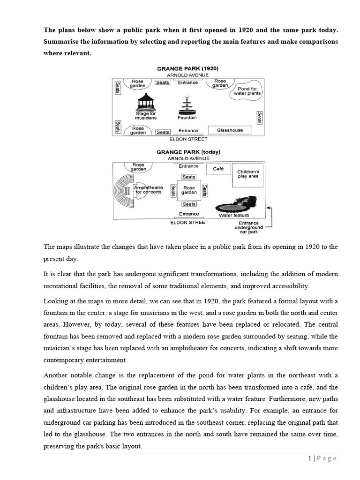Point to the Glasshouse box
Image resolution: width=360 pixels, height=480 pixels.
(x=230, y=130)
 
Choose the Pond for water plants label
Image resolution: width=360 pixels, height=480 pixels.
(x=247, y=90)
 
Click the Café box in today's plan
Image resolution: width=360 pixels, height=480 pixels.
(x=218, y=169)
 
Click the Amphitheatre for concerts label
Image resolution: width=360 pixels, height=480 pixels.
(x=149, y=189)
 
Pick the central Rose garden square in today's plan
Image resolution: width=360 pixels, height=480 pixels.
(x=189, y=190)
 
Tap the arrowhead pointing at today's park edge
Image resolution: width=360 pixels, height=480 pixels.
(x=269, y=206)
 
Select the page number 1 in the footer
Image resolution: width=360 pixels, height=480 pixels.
(x=310, y=458)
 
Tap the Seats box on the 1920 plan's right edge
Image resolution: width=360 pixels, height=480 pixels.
(x=259, y=116)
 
